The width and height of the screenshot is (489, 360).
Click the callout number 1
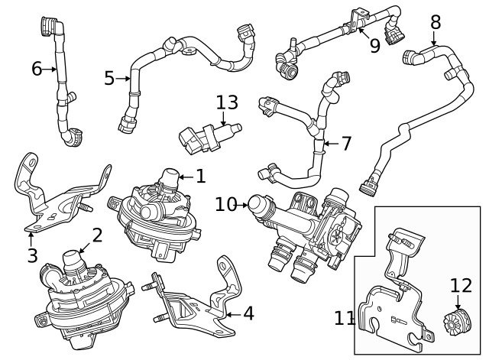coord(200,177)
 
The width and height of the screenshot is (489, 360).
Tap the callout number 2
coord(97,235)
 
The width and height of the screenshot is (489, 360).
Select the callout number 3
coord(32,255)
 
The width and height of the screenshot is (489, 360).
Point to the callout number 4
coord(249,313)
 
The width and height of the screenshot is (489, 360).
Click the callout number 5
coord(109,78)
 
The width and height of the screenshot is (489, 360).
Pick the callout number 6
coord(36,69)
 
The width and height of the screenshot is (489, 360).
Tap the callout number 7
coord(346,143)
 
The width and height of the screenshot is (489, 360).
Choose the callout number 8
coord(435,21)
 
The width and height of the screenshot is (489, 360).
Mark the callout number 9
coord(374,45)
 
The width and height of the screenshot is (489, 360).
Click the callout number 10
coord(226,204)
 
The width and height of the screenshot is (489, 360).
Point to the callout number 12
coord(461,285)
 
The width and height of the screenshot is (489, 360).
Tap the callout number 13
coord(227,102)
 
